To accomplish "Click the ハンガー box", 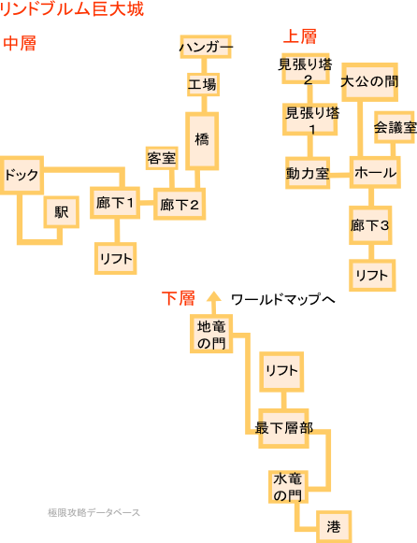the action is click(206, 47).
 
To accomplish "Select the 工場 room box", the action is click(203, 84).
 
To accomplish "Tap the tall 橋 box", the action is click(202, 141).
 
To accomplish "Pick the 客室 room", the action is click(162, 158).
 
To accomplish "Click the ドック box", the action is click(22, 175).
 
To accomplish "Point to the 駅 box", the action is click(62, 212).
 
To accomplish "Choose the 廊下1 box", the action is click(115, 203).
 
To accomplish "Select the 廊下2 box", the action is click(180, 205).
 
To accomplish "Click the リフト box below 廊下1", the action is click(116, 258).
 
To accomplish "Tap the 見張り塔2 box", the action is click(306, 68).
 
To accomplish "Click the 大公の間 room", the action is click(369, 82).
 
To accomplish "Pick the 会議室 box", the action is click(395, 127).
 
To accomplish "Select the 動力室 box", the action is click(308, 173).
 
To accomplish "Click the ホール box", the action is click(375, 172).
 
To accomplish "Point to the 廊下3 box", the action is click(370, 225).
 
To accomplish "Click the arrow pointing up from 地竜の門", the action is click(214, 303).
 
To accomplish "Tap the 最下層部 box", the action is click(283, 428).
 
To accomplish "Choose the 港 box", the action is click(334, 527).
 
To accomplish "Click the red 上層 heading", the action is click(300, 36).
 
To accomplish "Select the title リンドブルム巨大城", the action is click(72, 9).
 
